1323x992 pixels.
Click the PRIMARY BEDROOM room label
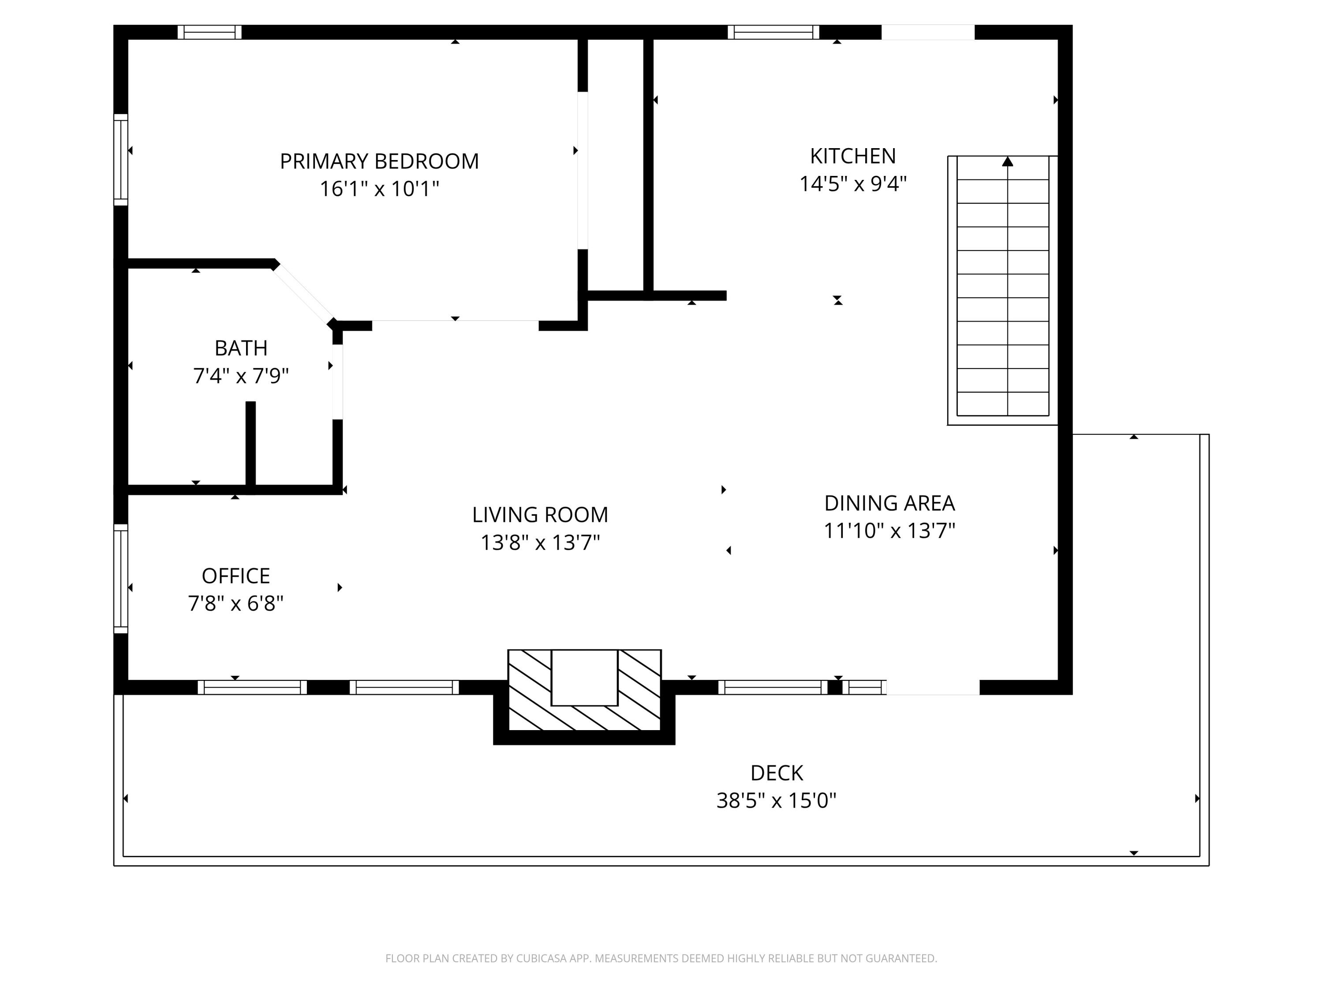point(379,161)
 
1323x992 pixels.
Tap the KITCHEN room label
point(853,156)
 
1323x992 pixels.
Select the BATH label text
point(241,348)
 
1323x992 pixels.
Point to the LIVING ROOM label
point(540,515)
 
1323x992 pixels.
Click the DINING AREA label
point(889,503)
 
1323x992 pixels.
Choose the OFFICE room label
point(235,576)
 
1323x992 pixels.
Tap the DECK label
point(776,773)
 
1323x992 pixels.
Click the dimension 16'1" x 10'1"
point(379,189)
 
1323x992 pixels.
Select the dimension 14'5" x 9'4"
point(853,183)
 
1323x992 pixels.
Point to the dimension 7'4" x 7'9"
point(241,376)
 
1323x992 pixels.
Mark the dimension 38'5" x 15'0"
point(776,801)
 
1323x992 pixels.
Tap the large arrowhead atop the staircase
point(1008,161)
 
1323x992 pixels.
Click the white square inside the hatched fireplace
point(584,678)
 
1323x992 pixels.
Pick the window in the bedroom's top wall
point(209,32)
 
